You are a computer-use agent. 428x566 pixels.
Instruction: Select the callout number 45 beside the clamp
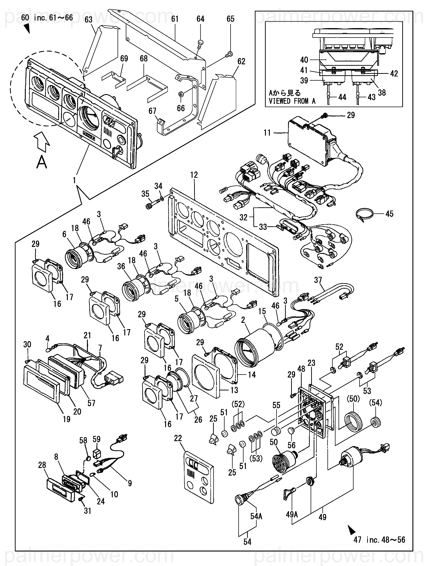coord(389,214)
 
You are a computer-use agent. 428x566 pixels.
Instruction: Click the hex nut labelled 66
coord(181,94)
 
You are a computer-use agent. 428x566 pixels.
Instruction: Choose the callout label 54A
coord(256,516)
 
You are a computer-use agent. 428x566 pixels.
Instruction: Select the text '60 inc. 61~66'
coord(47,18)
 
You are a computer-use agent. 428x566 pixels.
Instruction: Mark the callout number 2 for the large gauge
coord(243,320)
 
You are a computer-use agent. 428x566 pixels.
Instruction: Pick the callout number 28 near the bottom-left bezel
coord(42,465)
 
